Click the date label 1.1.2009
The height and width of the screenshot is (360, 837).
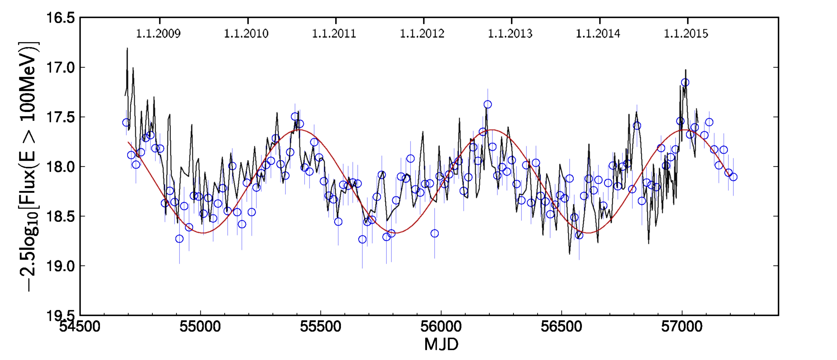tap(158, 34)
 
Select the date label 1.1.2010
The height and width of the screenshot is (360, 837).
tap(246, 34)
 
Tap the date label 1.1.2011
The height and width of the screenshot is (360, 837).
tap(334, 34)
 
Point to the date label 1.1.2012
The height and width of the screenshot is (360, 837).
tap(422, 34)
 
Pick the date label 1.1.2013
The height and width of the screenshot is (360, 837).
tap(510, 34)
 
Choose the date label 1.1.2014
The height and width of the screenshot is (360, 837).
tap(598, 34)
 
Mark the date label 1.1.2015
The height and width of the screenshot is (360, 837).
tap(686, 34)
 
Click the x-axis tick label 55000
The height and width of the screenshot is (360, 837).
tap(200, 326)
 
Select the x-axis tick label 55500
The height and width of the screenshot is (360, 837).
tap(320, 326)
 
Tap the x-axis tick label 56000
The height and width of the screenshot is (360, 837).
tap(441, 326)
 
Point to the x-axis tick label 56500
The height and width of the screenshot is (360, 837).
tap(561, 326)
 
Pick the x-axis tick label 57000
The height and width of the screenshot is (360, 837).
tap(682, 326)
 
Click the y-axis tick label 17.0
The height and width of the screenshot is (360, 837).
tap(61, 67)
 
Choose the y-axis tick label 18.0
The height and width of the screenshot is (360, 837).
tap(61, 167)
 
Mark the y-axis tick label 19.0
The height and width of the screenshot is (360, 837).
tap(61, 266)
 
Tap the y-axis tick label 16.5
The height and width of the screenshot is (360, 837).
tap(61, 18)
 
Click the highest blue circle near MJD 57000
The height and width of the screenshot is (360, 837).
tap(685, 83)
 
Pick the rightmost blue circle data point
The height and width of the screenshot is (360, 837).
tap(733, 177)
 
